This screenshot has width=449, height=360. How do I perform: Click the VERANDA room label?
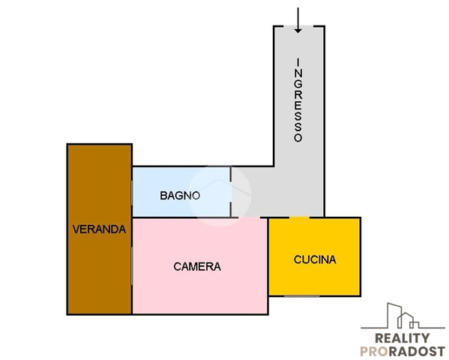tap(99, 229)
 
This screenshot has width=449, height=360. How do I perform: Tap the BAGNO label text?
tap(180, 196)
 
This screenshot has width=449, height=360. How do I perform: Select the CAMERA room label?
tap(197, 266)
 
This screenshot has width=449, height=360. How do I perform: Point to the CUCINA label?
tap(315, 259)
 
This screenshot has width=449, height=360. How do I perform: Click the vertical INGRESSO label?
tap(298, 100)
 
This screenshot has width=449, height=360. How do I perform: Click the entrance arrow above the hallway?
tap(298, 20)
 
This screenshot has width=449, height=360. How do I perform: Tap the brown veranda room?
tap(100, 229)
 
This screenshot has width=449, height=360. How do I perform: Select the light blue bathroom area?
tap(181, 192)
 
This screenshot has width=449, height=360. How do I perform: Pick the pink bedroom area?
tap(200, 266)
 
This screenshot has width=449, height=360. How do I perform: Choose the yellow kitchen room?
tap(314, 256)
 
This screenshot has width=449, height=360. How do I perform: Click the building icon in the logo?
tap(403, 316)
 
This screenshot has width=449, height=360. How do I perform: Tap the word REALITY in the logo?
tap(403, 338)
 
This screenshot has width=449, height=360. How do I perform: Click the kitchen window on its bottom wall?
tap(302, 295)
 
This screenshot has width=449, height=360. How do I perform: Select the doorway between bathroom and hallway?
tap(231, 192)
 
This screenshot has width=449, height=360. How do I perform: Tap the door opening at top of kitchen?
tap(299, 217)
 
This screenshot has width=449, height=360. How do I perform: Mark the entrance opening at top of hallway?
tap(298, 26)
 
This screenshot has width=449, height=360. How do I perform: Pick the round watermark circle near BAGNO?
tap(220, 196)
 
